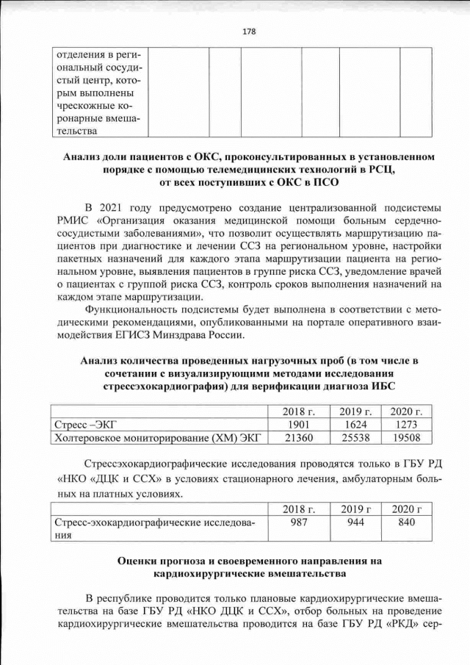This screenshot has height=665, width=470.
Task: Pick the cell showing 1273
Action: point(408,425)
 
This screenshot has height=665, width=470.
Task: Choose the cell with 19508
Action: point(408,439)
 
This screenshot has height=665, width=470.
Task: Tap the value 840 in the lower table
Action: point(408,522)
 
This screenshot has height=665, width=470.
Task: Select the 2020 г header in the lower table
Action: point(408,508)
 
